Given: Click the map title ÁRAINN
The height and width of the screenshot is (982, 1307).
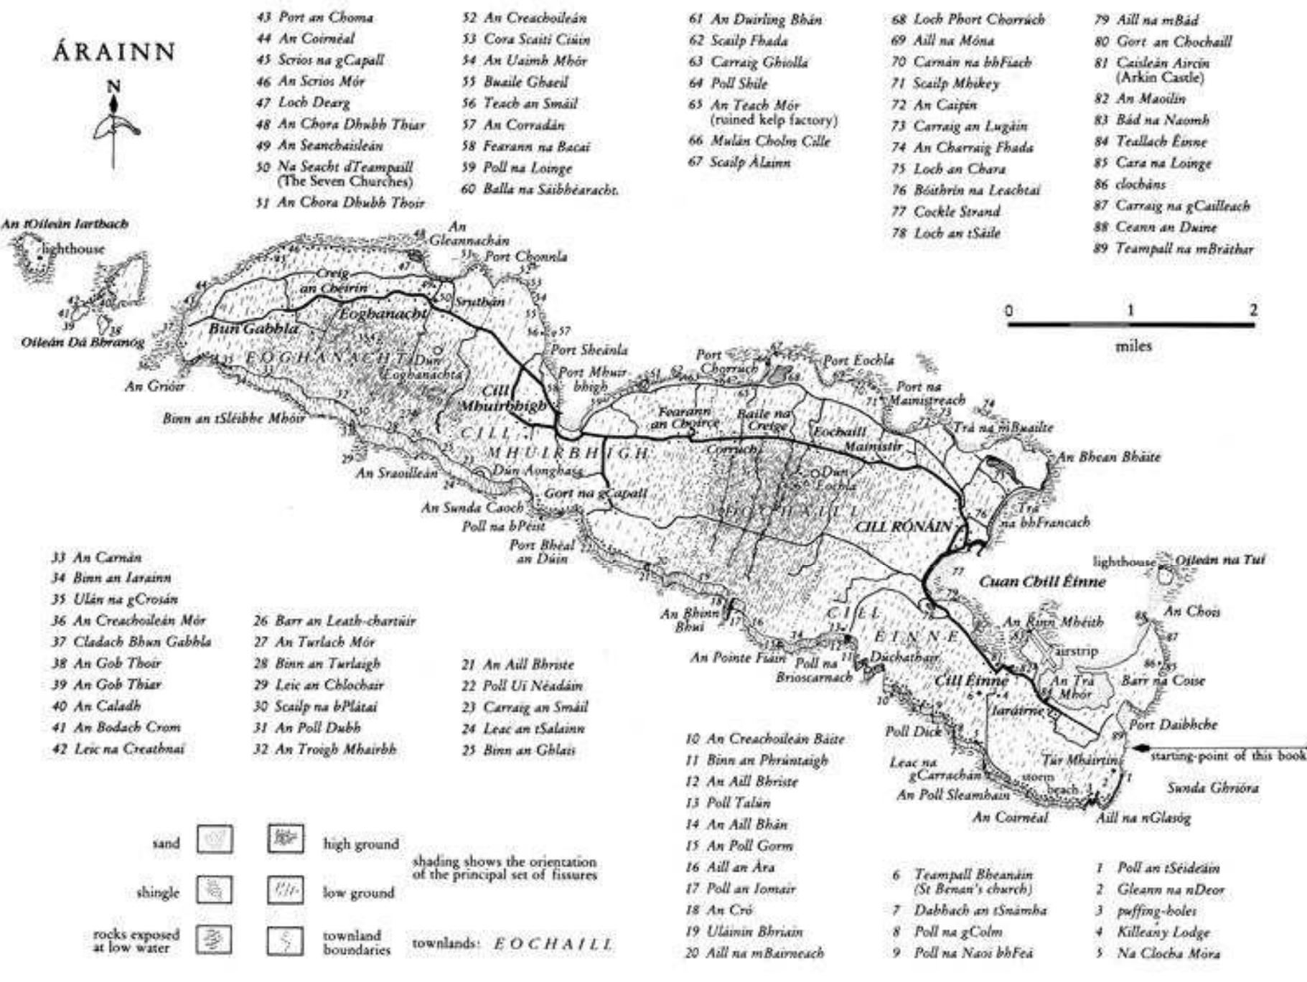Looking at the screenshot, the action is pyautogui.click(x=114, y=52).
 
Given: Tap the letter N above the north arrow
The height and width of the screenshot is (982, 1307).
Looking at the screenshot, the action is pyautogui.click(x=113, y=87).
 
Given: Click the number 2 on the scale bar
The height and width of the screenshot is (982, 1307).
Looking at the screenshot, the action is pyautogui.click(x=1252, y=310).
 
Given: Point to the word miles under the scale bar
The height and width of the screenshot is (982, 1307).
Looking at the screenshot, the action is pyautogui.click(x=1133, y=345).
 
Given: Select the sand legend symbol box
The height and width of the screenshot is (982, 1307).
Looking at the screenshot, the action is pyautogui.click(x=215, y=838).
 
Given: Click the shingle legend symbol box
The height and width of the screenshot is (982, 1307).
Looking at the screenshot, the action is pyautogui.click(x=215, y=890).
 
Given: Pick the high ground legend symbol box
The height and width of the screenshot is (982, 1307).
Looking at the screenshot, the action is pyautogui.click(x=286, y=838).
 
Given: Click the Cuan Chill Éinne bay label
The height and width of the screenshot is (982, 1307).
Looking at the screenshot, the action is pyautogui.click(x=1042, y=581).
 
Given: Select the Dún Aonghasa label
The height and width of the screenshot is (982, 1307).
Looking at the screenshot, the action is pyautogui.click(x=536, y=470).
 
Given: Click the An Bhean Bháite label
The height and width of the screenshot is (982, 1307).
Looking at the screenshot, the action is pyautogui.click(x=1108, y=457).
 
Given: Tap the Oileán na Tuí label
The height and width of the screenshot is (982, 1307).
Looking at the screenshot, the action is pyautogui.click(x=1220, y=559).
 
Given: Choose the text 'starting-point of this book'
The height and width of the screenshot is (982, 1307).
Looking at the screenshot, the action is pyautogui.click(x=1227, y=755).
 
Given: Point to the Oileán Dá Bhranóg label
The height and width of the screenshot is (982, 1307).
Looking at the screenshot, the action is pyautogui.click(x=83, y=342).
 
